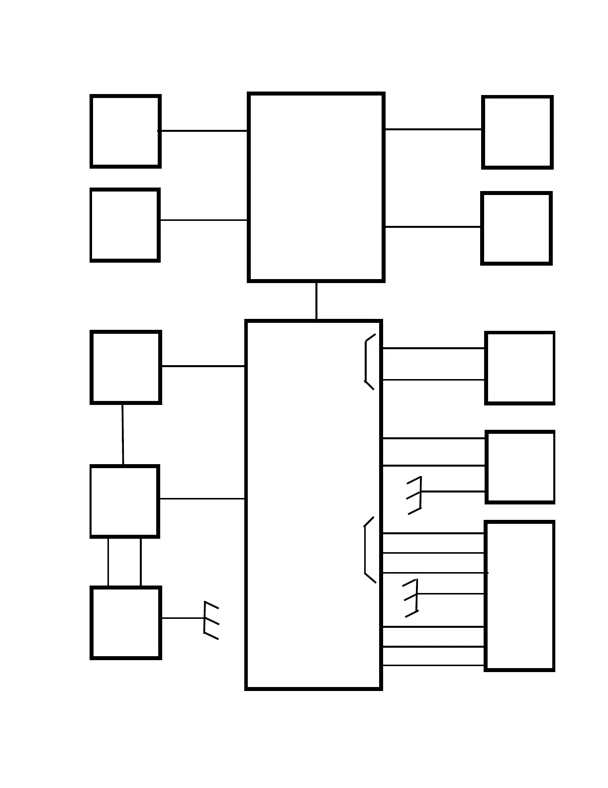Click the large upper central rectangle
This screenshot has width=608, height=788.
tap(316, 187)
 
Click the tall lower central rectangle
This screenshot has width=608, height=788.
tap(313, 504)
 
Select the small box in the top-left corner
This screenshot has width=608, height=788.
tap(125, 131)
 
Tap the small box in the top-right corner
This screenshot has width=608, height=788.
tap(517, 132)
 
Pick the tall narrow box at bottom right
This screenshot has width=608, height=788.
tap(519, 596)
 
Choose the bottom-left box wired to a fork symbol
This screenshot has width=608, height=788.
tap(126, 623)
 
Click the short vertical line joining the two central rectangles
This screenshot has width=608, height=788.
tap(316, 301)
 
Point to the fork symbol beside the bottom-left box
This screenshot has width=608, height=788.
tap(210, 620)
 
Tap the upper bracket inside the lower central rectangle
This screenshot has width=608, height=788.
tap(368, 361)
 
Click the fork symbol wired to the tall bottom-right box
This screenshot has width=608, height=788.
tap(412, 597)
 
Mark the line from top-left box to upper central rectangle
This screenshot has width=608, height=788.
tap(203, 131)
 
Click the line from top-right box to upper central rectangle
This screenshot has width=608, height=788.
tap(433, 129)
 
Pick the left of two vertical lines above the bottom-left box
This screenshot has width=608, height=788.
tap(108, 562)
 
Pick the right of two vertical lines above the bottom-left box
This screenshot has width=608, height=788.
tap(141, 562)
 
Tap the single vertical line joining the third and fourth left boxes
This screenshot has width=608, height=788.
tap(123, 434)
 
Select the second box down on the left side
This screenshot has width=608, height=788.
tap(125, 225)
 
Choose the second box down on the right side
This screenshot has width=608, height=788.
tap(516, 228)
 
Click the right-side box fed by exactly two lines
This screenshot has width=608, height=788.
tap(520, 368)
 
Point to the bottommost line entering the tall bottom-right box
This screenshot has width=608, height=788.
tap(433, 666)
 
